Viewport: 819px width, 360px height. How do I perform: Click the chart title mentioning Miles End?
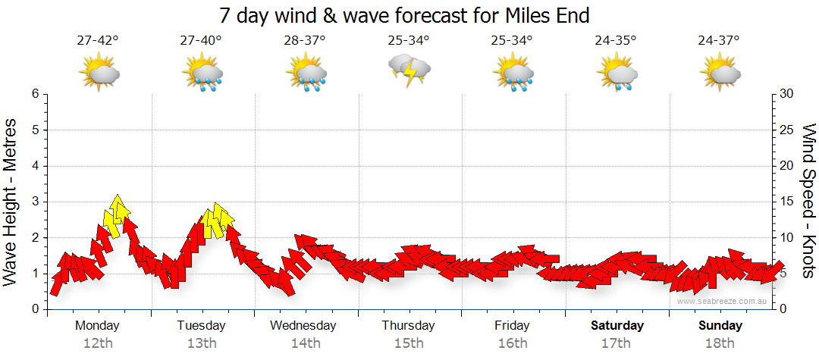404,15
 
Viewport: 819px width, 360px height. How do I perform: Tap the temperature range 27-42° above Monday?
98,40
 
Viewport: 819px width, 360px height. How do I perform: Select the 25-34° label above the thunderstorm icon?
408,40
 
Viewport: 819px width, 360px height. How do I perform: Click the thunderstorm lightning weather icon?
409,71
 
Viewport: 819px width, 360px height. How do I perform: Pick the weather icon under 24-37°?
720,74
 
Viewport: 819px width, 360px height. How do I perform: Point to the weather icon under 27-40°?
202,74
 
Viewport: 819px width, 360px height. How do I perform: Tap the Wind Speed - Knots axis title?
808,201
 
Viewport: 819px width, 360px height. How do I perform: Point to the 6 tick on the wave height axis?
34,94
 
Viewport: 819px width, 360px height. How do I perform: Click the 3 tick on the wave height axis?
34,202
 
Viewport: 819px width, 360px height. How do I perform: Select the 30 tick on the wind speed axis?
786,94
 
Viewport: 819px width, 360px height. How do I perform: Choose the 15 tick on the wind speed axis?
786,202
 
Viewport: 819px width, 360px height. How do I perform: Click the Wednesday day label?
303,326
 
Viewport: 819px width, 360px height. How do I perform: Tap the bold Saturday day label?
617,326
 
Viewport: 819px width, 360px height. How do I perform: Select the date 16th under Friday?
512,343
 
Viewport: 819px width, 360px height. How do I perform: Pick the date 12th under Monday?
98,343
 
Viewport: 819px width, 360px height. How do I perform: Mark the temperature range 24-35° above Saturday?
615,40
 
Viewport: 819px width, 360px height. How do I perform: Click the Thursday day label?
408,326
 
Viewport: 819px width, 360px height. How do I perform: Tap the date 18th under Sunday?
720,343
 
